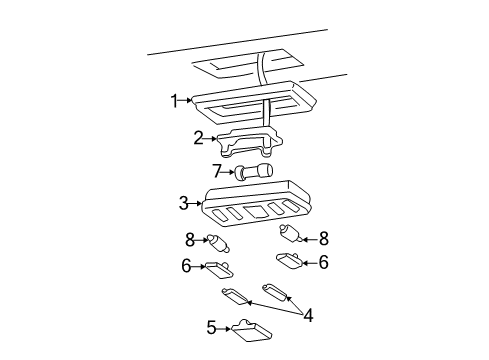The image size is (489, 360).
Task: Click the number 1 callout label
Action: pos(173,100)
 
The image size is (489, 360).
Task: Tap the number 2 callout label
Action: pos(198,138)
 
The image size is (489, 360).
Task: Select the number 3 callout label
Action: pos(183,203)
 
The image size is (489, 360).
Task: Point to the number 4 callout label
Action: pos(308,315)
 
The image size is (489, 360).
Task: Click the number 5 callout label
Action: pos(211,326)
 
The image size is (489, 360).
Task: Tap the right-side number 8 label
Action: pos(323,239)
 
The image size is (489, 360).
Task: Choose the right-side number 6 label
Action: pos(323,262)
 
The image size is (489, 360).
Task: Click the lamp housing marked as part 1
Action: pos(255,101)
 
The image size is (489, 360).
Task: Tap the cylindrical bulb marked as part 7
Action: pos(250,173)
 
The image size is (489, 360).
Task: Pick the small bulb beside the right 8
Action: pos(290,236)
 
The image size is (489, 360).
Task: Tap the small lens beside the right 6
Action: pos(287,261)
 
